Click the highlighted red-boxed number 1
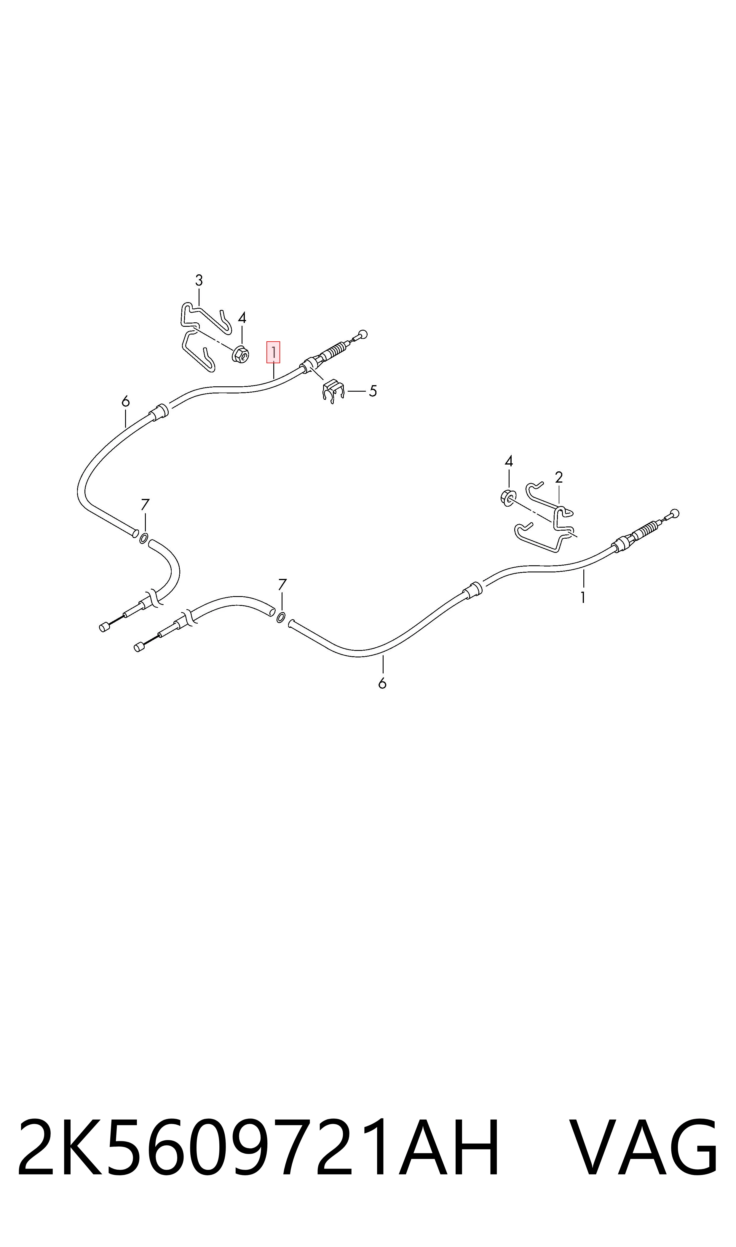coord(273,352)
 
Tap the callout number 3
coord(199,281)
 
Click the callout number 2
coord(559,477)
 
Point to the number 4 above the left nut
coord(242,318)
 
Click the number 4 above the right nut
coord(509,461)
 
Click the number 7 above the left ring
coord(145,505)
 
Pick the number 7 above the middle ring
coord(282,584)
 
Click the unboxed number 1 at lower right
coord(583,598)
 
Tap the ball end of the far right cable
coord(675,513)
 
